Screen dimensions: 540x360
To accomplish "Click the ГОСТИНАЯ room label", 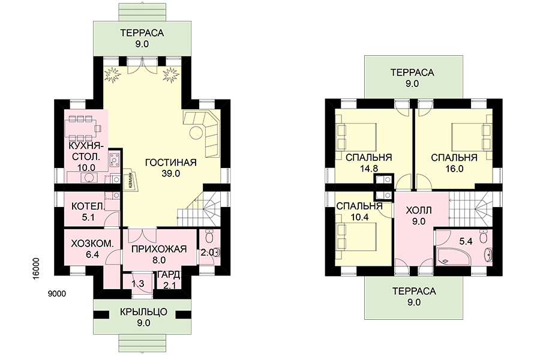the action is click(x=171, y=162).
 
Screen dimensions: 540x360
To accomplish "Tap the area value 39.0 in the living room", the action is click(x=171, y=173).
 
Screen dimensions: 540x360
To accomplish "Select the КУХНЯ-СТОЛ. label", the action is click(x=85, y=152).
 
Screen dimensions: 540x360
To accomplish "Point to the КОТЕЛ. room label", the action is click(x=88, y=206).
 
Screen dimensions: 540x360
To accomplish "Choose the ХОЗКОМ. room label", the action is click(x=92, y=244).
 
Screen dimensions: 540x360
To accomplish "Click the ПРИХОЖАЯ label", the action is click(x=159, y=249).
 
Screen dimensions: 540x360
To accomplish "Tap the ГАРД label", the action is click(x=169, y=275).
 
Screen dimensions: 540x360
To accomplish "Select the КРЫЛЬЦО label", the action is click(x=143, y=312).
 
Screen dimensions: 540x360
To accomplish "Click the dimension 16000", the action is click(x=37, y=269).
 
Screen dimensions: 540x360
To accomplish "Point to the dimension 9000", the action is click(x=57, y=294).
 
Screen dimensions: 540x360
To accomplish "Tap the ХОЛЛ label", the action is click(x=419, y=210).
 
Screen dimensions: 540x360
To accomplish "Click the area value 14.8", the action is click(x=369, y=169).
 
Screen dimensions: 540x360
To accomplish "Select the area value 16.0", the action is click(x=455, y=169).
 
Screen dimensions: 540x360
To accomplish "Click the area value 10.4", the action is click(x=359, y=217).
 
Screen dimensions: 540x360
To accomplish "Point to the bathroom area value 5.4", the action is click(x=466, y=241).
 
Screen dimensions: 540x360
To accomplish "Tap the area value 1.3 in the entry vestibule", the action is click(x=138, y=284).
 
